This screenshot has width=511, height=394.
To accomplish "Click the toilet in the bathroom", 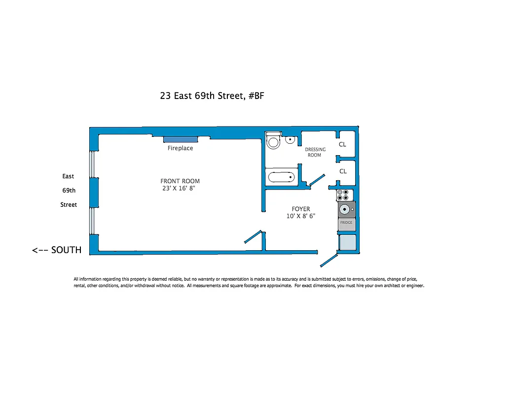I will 273,141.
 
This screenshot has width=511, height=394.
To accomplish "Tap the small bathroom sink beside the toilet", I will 291,140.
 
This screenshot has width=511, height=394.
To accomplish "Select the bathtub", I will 282,176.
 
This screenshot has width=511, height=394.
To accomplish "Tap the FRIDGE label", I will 346,223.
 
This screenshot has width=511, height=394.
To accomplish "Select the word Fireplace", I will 180,148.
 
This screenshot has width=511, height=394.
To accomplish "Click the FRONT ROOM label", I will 180,181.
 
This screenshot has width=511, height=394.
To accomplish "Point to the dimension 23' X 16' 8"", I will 181,188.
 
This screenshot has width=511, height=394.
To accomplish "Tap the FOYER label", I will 300,209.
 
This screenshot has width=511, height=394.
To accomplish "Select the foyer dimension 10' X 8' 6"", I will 300,216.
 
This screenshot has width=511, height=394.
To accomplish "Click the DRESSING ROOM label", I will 315,152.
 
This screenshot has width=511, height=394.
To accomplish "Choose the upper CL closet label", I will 343,145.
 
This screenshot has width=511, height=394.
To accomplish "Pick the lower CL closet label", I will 343,171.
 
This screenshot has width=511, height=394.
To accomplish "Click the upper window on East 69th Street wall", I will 92,164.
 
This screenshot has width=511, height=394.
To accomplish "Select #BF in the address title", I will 256,96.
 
